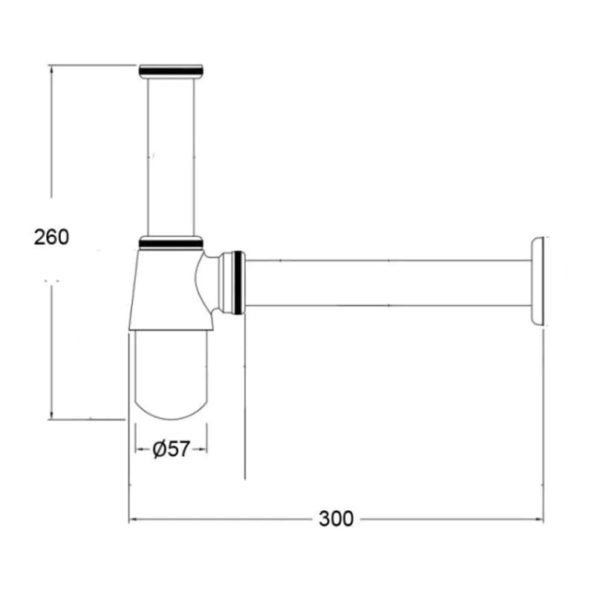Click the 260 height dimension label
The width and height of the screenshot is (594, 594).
click(x=51, y=238)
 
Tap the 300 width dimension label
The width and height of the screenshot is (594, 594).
click(x=336, y=518)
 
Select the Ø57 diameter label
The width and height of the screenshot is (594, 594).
click(x=171, y=449)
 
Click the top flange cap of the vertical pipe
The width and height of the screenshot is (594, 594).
click(x=172, y=71)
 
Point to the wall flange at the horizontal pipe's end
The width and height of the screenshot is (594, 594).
click(x=538, y=281)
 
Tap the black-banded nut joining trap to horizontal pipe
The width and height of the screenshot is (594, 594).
click(x=233, y=283)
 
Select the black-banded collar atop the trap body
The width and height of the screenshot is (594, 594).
click(x=172, y=243)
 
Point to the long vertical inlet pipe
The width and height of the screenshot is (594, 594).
click(x=171, y=157)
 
